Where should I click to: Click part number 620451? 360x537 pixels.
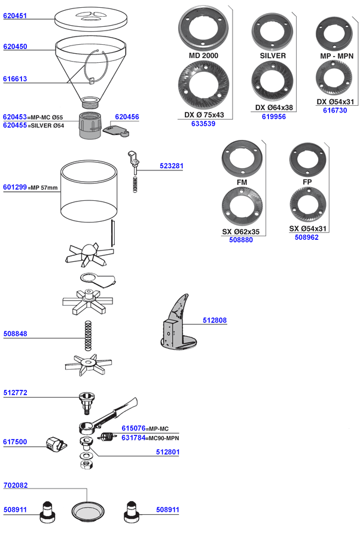tap(15, 16)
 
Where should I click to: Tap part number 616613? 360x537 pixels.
tap(15, 79)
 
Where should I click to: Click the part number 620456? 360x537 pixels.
tap(127, 117)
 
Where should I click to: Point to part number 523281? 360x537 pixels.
tap(172, 166)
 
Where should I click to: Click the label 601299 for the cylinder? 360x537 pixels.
tap(15, 187)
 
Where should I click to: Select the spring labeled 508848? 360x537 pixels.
tap(89, 335)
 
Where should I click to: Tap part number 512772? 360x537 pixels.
tap(15, 393)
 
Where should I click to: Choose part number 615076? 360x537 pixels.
tap(133, 428)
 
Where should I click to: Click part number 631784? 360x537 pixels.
tap(133, 438)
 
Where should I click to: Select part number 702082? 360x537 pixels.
tap(15, 486)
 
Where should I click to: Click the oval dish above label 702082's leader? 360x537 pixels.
tap(88, 512)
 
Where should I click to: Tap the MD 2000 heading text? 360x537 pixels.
tap(203, 56)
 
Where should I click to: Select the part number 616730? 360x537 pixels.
tap(335, 110)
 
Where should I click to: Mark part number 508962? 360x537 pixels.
tap(307, 237)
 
